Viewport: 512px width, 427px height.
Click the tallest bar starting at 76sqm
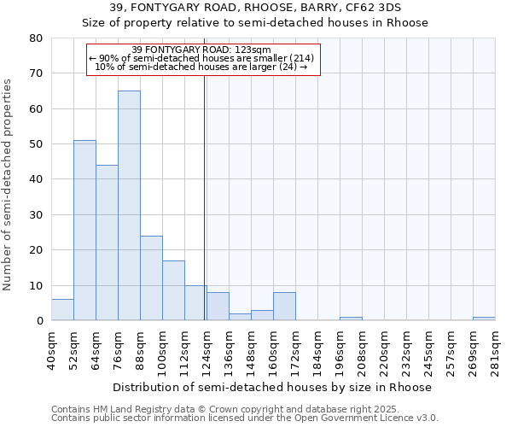coord(129,205)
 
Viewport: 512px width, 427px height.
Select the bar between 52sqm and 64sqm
coord(84,231)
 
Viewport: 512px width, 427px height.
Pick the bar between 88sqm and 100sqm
coord(151,278)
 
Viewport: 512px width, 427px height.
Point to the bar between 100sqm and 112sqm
coord(173,290)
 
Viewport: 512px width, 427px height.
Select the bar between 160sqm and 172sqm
coord(284,307)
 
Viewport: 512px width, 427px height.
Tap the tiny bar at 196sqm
coord(351,319)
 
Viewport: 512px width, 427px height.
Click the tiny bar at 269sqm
coord(484,319)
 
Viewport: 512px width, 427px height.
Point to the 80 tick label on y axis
coord(35,38)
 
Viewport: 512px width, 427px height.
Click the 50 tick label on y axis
coord(35,144)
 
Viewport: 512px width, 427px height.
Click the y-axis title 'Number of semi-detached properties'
coord(9,184)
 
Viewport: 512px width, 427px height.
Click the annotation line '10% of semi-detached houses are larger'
coord(201,67)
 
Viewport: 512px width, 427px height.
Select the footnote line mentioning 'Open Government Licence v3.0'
coord(245,418)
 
